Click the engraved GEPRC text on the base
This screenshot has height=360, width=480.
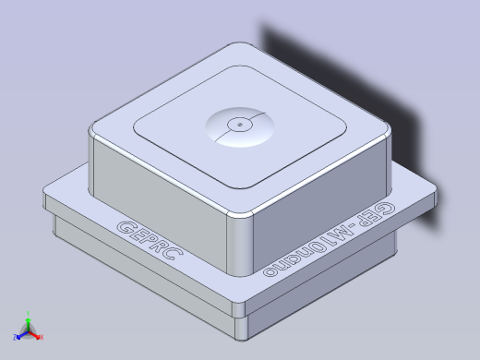coord(148,240)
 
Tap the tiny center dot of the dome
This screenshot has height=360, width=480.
coord(238,122)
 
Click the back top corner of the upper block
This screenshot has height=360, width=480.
coord(239,46)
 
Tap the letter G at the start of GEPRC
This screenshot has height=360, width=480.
coord(121,226)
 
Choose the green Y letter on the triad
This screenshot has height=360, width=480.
coord(29,313)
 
